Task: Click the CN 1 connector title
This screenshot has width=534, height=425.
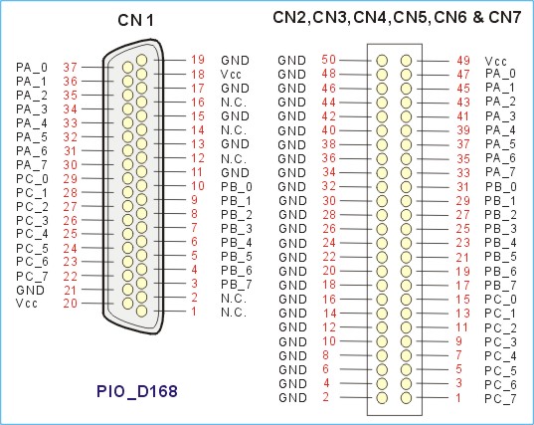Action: (x=135, y=20)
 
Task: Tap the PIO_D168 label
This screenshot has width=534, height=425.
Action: (x=137, y=391)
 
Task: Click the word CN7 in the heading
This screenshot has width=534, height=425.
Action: (x=505, y=17)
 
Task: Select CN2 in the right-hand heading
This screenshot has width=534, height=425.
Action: (x=289, y=17)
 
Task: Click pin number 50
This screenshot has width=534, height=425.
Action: (x=328, y=60)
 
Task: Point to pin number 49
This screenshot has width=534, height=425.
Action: (x=463, y=61)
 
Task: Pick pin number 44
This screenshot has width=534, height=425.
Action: (x=328, y=102)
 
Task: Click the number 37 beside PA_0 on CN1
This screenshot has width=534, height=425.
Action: (x=71, y=67)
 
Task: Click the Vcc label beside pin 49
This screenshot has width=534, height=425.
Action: (x=496, y=62)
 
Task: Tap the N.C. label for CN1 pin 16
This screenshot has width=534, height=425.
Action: (x=234, y=103)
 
